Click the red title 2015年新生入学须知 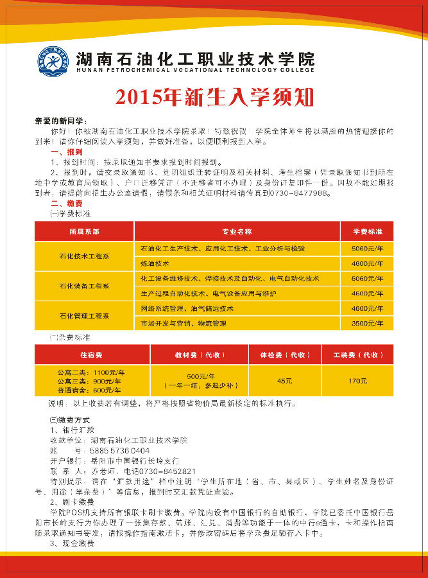click(214, 97)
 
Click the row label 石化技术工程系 click(84, 256)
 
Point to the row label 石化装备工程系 click(84, 286)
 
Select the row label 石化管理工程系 click(84, 316)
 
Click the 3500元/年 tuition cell click(367, 324)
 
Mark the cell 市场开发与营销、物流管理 click(184, 324)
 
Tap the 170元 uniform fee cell click(357, 381)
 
